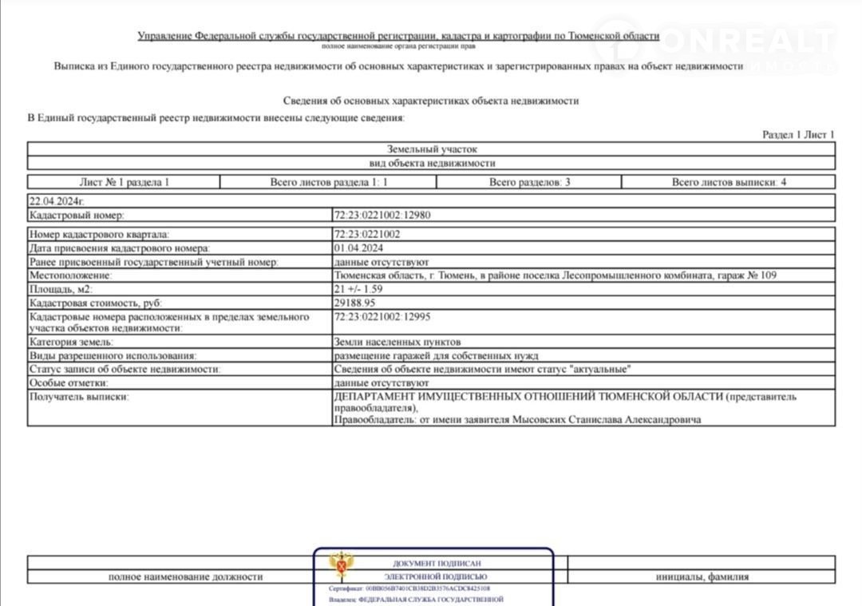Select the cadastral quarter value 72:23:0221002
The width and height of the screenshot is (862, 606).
367,235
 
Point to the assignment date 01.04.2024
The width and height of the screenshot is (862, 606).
358,248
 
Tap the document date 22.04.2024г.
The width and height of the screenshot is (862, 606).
56,202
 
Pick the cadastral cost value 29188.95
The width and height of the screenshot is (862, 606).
354,303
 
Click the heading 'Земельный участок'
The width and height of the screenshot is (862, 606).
431,149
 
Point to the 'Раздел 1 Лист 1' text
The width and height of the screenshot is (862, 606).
797,135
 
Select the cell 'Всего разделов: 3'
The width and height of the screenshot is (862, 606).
529,182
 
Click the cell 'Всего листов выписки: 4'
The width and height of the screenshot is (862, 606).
729,182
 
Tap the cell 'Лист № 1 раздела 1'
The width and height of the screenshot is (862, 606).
124,182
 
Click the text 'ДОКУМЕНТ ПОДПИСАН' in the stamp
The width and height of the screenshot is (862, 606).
437,564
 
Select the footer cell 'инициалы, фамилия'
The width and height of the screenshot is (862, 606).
702,576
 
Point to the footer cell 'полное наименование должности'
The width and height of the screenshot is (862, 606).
185,576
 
